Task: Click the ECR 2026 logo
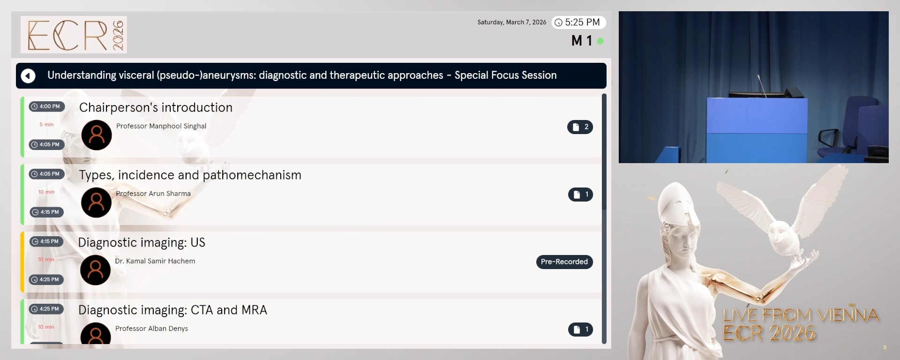point(74,35)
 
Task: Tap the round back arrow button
point(28,75)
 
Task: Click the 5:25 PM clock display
point(578,22)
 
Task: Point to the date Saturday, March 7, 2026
point(511,22)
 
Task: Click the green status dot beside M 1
point(600,41)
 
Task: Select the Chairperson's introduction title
point(156,107)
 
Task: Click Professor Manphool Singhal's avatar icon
point(97,135)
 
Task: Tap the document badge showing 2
point(580,127)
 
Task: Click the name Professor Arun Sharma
point(153,194)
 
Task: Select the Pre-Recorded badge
point(564,262)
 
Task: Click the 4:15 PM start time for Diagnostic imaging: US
point(46,241)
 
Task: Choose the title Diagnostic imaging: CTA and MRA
point(172,310)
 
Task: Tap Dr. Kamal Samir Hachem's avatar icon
point(96,270)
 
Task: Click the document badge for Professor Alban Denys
point(580,330)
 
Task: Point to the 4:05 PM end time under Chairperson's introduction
point(46,144)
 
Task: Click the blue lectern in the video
point(757,129)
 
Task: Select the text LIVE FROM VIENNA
point(801,315)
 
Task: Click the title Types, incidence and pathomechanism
point(190,175)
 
